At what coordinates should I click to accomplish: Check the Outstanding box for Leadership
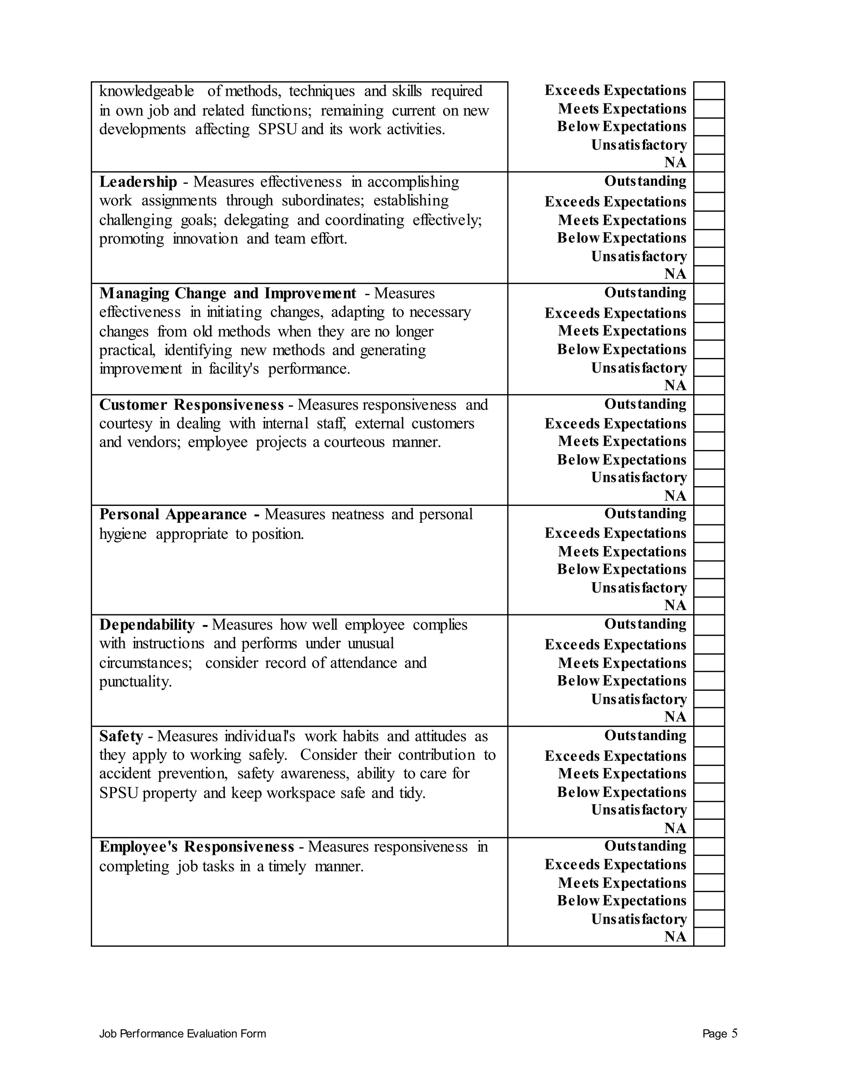click(x=708, y=182)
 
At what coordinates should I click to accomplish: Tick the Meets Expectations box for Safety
click(x=708, y=774)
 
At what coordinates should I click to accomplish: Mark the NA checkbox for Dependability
click(x=708, y=717)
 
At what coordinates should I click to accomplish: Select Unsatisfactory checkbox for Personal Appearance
click(x=708, y=588)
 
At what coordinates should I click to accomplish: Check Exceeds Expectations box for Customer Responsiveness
click(x=708, y=423)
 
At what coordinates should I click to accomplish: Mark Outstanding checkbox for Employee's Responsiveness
click(x=708, y=846)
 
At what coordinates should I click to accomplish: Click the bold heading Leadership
click(x=138, y=182)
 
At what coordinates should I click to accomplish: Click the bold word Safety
click(x=121, y=736)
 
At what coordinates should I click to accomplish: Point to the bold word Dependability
click(x=147, y=625)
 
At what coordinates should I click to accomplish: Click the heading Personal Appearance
click(x=173, y=514)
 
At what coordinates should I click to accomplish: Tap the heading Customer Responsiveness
click(x=191, y=404)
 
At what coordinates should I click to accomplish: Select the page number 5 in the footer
click(x=734, y=1033)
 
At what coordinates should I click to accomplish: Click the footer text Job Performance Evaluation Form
click(x=183, y=1034)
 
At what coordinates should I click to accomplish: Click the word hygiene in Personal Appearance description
click(x=123, y=534)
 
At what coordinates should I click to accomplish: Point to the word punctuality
click(x=135, y=682)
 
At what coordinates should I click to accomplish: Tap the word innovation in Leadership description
click(x=205, y=239)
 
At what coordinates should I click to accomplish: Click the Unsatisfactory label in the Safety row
click(x=638, y=810)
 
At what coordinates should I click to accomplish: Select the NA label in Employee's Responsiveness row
click(x=675, y=937)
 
